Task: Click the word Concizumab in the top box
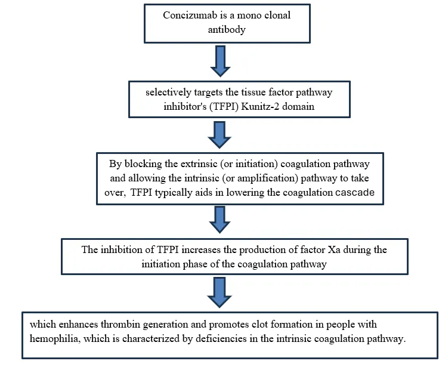click(x=190, y=15)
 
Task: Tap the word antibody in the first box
click(x=227, y=30)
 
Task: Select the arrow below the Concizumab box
click(x=221, y=61)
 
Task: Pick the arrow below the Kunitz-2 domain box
click(x=220, y=135)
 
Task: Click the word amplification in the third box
click(x=265, y=178)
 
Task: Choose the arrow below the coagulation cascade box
click(x=220, y=220)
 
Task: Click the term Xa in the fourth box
click(x=334, y=249)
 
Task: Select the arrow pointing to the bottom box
click(x=220, y=292)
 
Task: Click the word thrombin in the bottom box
click(x=120, y=325)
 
